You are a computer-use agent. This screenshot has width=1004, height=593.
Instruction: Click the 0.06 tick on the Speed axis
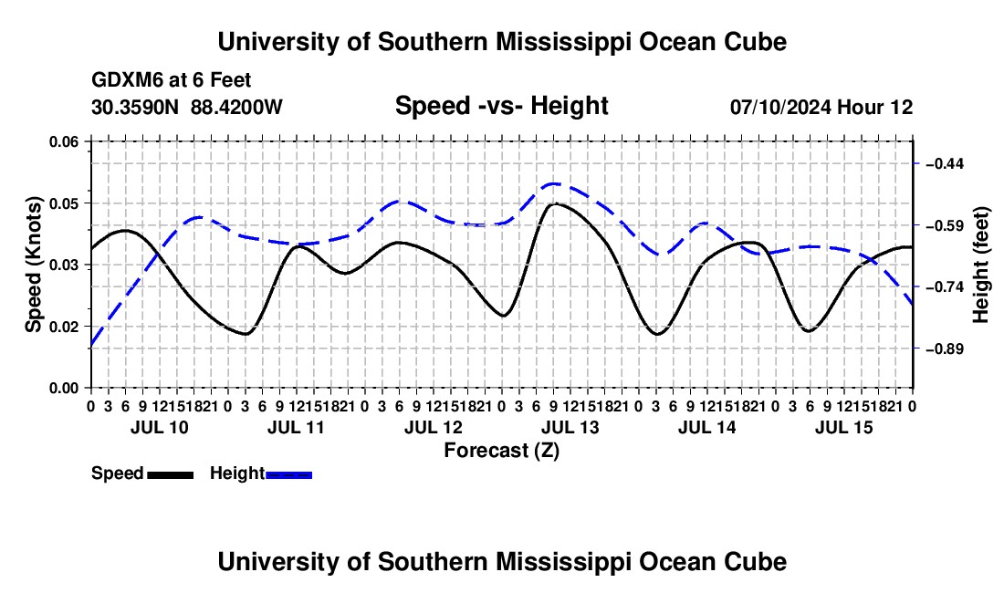pos(89,141)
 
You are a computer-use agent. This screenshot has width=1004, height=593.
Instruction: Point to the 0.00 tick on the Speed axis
pos(89,388)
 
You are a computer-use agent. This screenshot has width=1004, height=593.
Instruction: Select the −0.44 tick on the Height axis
pos(916,164)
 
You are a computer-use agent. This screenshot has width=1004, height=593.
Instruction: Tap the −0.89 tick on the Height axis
pos(916,349)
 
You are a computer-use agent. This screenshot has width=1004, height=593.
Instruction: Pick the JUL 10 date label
pos(160,427)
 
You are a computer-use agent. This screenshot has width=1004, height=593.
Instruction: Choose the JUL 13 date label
pos(570,427)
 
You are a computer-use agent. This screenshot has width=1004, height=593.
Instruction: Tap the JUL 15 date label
pos(844,427)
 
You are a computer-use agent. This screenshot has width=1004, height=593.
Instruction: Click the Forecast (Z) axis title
pos(501,451)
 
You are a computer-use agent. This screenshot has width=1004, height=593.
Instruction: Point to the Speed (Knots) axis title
pos(33,265)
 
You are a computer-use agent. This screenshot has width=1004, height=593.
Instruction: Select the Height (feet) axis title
pos(980,265)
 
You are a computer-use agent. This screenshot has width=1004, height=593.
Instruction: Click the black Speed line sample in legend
pos(171,474)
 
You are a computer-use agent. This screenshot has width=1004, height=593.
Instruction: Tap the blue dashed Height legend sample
pos(288,474)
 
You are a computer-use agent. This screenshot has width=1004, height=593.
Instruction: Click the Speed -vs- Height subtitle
pos(501,106)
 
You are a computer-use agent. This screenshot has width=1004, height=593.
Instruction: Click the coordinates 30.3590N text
pos(135,107)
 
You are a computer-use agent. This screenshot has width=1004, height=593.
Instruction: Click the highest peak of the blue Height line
pos(553,184)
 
